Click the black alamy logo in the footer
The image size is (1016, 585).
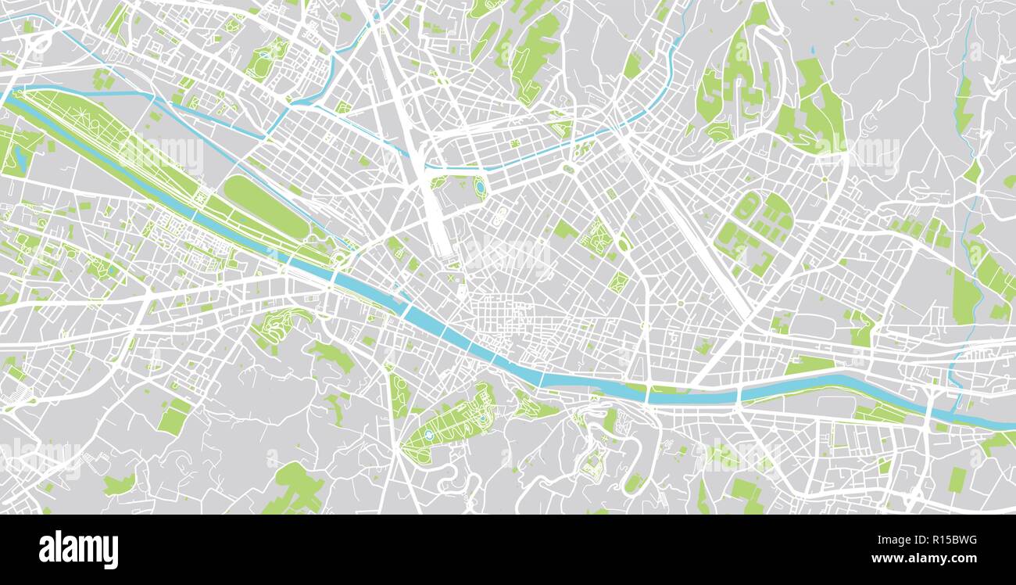pyautogui.click(x=78, y=549)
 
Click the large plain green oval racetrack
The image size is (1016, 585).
pyautogui.click(x=267, y=206)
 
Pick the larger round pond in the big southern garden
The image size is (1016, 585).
pyautogui.click(x=428, y=434)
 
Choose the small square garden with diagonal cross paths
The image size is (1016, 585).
pyautogui.click(x=617, y=282)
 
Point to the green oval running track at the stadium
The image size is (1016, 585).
pyautogui.click(x=746, y=206)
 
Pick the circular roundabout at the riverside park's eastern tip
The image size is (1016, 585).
pyautogui.click(x=341, y=258)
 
